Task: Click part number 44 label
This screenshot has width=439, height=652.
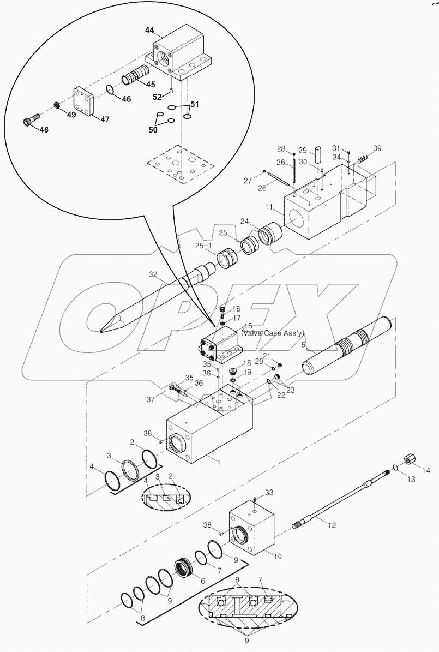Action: (x=149, y=29)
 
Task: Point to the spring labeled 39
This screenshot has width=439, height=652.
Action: (x=362, y=158)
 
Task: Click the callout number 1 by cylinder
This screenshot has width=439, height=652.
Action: (x=219, y=463)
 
